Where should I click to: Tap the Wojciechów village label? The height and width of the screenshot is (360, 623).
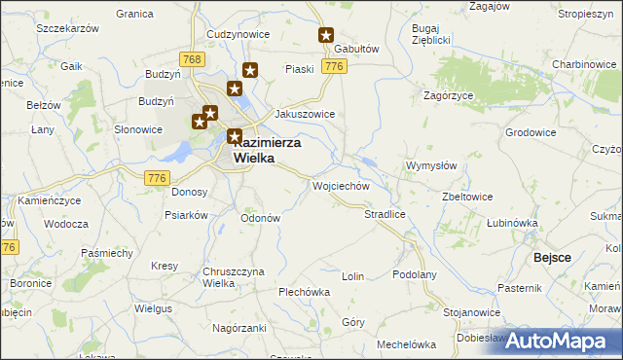coord(339,185)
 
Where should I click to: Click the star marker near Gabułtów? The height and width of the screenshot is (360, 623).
coord(327,35)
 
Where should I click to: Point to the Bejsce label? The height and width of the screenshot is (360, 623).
coord(551,257)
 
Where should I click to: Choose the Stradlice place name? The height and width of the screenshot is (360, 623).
coord(384,213)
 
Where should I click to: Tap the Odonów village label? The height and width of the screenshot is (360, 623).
coord(260,218)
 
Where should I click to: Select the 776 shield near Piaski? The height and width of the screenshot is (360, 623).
coord(334,66)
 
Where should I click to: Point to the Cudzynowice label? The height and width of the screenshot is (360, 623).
coord(238,33)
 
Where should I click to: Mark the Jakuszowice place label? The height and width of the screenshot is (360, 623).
coord(305,114)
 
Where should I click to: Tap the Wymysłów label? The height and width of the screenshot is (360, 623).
coord(430,165)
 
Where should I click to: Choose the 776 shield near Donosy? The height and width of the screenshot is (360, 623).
coord(157,177)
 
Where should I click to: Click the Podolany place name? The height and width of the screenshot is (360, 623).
coord(415,275)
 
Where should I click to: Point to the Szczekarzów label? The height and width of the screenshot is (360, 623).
coord(68,29)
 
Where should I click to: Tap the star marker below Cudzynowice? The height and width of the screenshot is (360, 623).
coord(250,70)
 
